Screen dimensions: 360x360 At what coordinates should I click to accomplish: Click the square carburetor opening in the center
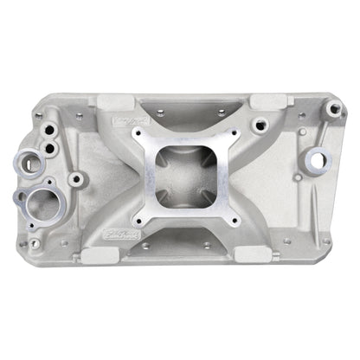179,177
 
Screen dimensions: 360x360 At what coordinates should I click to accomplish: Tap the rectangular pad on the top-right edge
248,103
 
